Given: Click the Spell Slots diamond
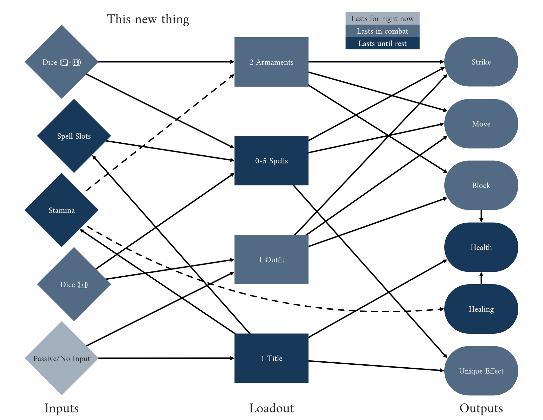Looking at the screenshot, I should point(74,136).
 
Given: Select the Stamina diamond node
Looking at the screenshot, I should point(62,210).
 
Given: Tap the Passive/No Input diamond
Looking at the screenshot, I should point(62,358).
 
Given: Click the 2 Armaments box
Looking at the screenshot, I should point(271,62).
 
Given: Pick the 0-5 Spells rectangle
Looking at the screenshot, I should point(271,161).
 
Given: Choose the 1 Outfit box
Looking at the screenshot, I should point(271,260).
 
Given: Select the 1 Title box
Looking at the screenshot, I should point(271,358).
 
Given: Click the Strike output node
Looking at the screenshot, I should point(481,62).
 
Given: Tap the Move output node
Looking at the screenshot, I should point(481,124).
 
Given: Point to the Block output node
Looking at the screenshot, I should point(481,185).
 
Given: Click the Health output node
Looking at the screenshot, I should point(481,247).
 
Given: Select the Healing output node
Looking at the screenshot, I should point(481,309).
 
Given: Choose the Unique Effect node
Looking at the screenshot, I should point(481,371).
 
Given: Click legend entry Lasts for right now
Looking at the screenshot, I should point(382,18).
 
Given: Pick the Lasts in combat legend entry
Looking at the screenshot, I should point(382,31).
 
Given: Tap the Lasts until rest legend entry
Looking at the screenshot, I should point(382,43).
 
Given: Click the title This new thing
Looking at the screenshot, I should point(148,19).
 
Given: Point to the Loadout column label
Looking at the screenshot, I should point(271,408).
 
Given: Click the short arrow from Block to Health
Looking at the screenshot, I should point(481,216).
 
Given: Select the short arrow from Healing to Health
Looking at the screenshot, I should point(481,278).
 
